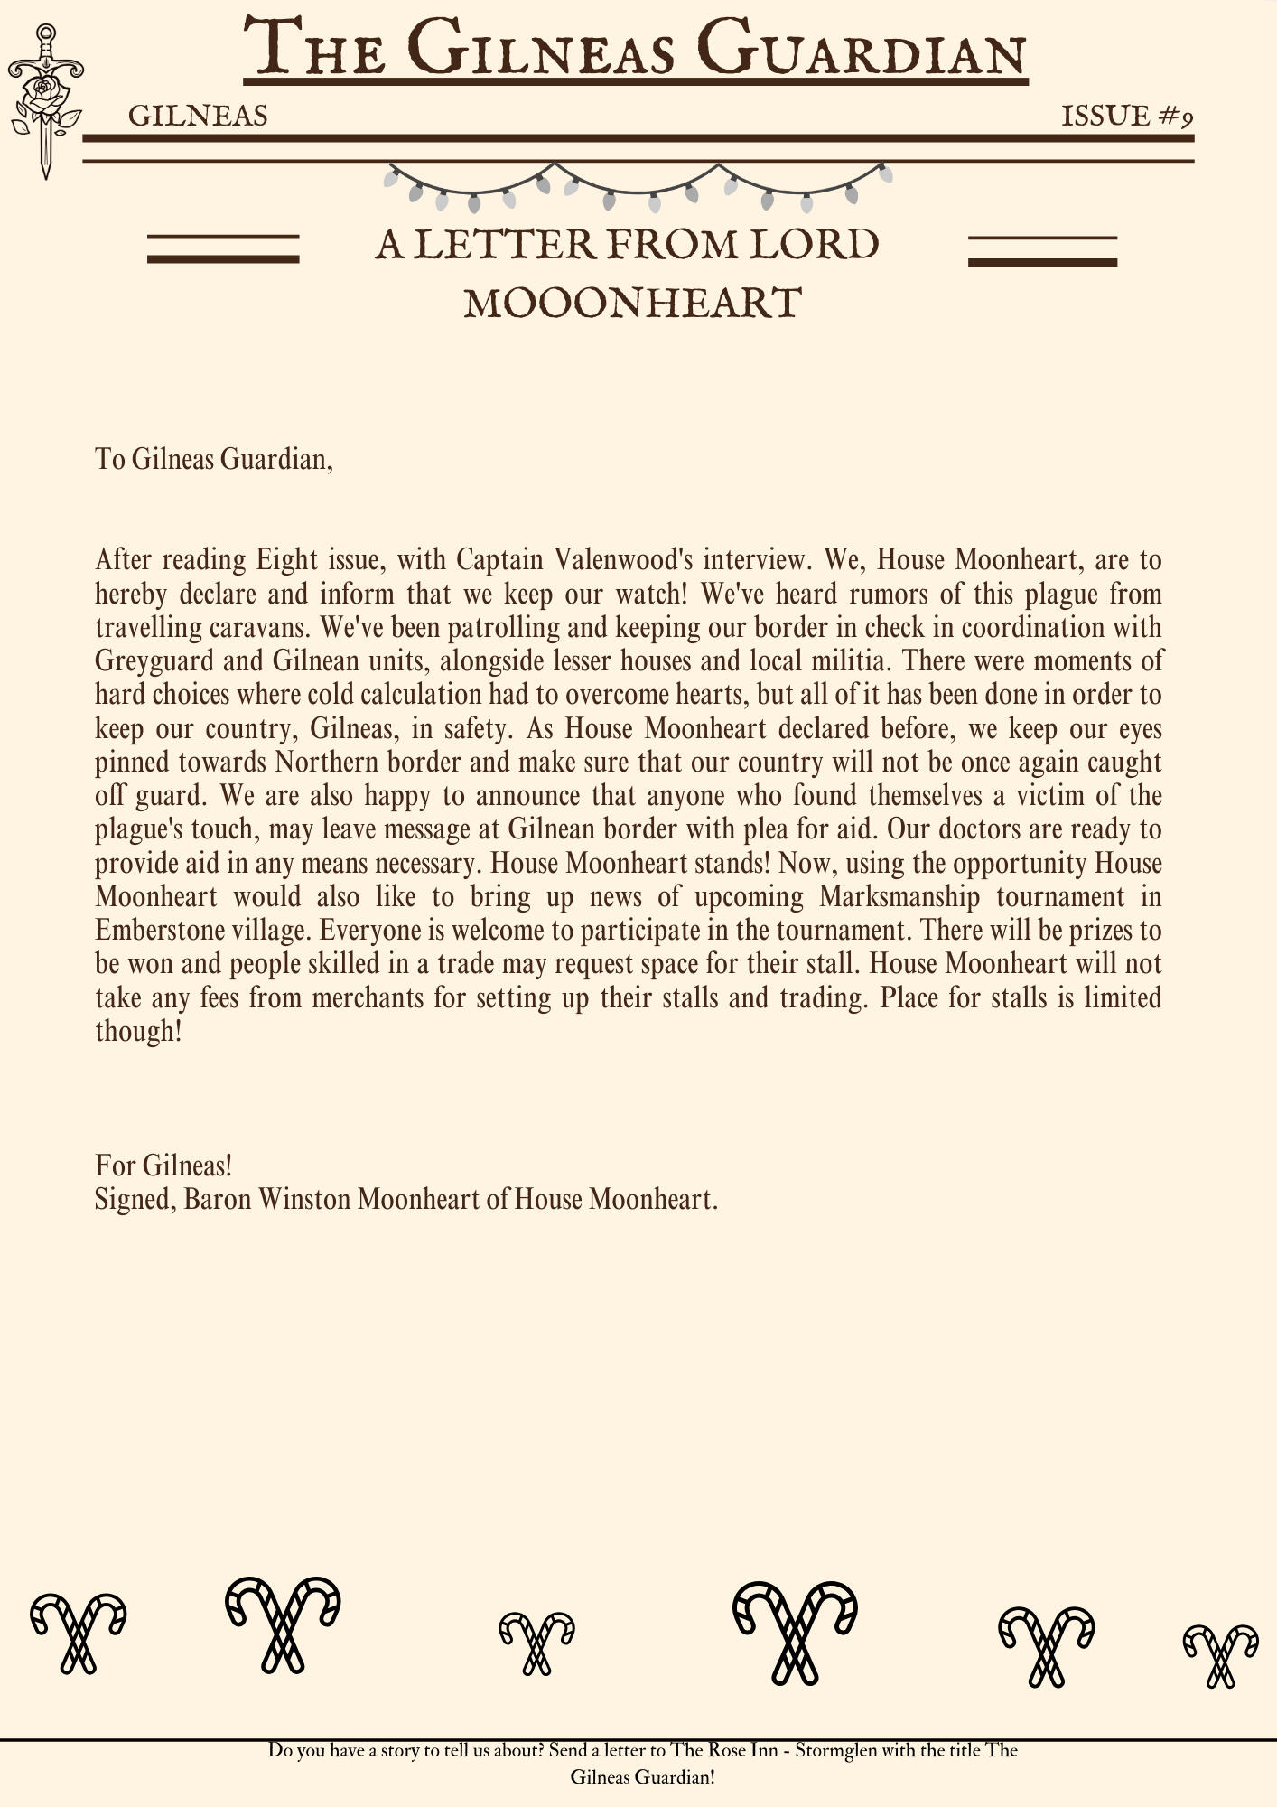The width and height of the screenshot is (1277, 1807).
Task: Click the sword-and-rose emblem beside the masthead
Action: pos(45,101)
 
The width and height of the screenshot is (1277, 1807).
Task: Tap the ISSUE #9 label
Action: pos(1127,117)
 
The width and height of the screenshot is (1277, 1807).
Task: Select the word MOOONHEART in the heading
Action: pos(632,304)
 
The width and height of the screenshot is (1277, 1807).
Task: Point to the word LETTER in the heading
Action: pos(505,245)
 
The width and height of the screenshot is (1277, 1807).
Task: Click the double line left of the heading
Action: pos(223,248)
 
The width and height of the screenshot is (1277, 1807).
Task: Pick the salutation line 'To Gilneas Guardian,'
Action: pos(214,460)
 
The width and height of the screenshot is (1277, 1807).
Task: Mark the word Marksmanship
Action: pos(899,897)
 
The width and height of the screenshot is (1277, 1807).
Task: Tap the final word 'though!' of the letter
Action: pos(138,1032)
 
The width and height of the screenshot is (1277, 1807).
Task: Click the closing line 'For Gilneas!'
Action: pos(163,1166)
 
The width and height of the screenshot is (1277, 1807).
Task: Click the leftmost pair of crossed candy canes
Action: pos(78,1632)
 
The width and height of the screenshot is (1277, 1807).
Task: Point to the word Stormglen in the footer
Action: pos(835,1750)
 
